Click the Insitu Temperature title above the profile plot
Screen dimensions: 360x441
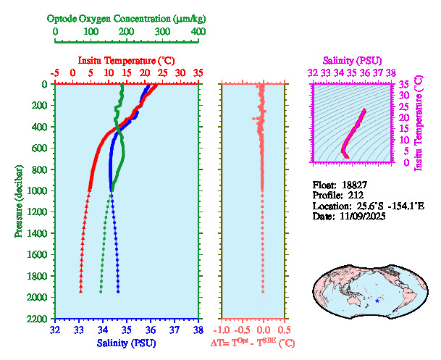[126, 60]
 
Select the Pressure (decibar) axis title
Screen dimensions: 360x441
[17, 201]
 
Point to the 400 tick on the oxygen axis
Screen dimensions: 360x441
[197, 32]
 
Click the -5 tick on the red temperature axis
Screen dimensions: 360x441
[55, 73]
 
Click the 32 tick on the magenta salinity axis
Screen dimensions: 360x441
[312, 73]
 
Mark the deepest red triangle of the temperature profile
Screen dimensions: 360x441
[80, 291]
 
